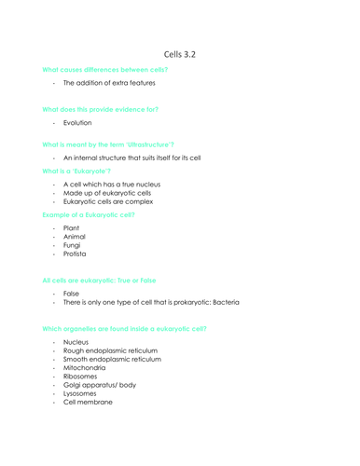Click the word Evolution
[x=79, y=121]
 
